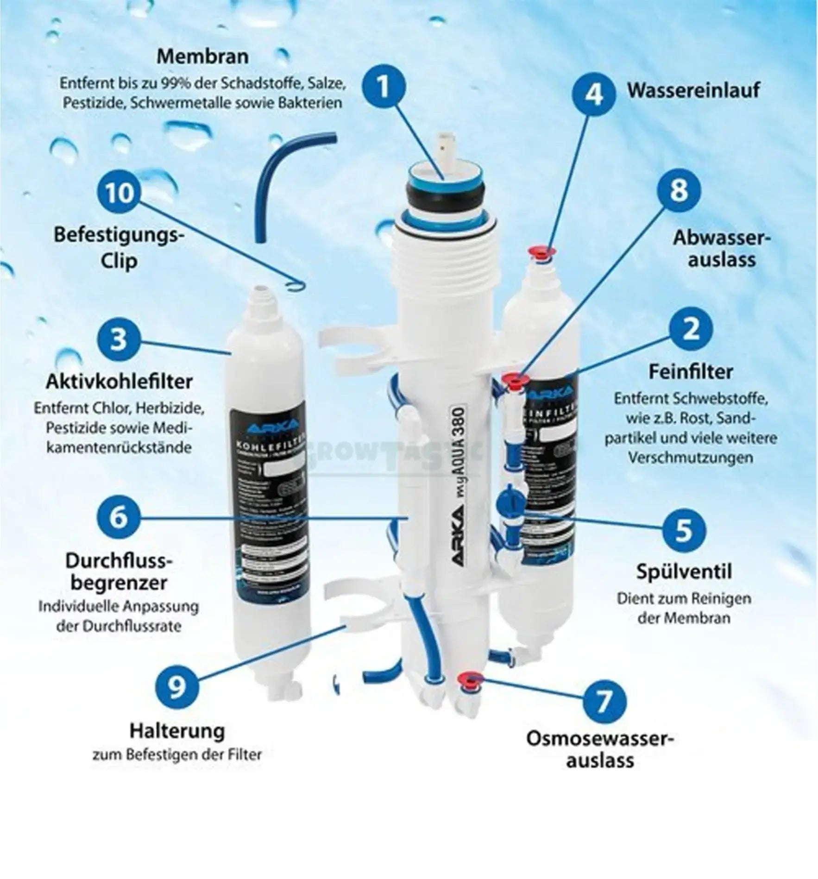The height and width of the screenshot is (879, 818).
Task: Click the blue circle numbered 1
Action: click(384, 87)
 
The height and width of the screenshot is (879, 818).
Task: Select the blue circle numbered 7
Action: click(604, 702)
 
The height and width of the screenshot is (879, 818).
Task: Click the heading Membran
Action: click(202, 57)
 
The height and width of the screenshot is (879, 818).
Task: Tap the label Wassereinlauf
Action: click(693, 90)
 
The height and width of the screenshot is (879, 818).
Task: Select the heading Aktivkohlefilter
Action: click(119, 382)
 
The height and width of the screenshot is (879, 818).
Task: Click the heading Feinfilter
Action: click(690, 371)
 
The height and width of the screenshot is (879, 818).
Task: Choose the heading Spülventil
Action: click(684, 571)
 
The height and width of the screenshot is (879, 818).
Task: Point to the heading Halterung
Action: click(177, 731)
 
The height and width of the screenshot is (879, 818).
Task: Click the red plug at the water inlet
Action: click(542, 252)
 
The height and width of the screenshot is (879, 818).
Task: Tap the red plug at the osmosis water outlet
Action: click(469, 679)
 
